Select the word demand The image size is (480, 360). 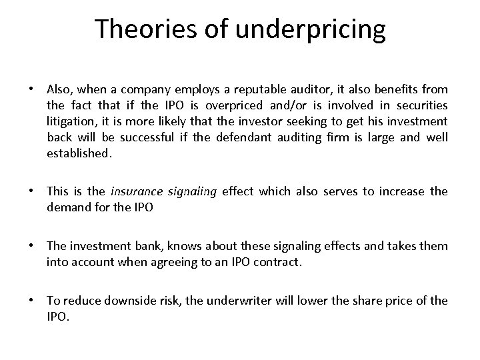point(67,207)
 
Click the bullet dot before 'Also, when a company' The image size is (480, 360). point(32,89)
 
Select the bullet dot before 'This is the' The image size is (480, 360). point(32,192)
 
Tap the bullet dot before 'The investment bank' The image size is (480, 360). point(32,247)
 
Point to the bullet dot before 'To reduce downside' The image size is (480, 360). point(32,301)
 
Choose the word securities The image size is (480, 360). point(423,105)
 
